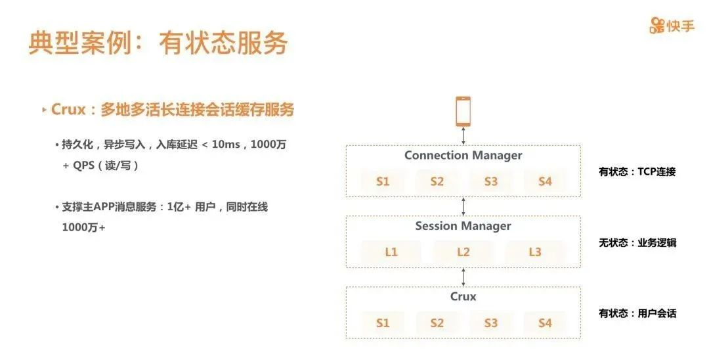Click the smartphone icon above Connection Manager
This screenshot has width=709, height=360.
[463, 111]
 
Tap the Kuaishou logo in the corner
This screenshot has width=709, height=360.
[672, 26]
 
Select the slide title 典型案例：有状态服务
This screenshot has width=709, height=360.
[158, 43]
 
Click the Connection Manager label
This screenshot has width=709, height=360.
[463, 156]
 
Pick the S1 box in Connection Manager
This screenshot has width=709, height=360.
[383, 181]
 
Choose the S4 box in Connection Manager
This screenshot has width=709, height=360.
[545, 181]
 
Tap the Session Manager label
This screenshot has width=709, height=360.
[463, 226]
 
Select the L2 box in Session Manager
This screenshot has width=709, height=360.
[463, 252]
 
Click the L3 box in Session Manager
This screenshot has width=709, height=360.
[534, 252]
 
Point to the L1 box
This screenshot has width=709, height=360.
[391, 252]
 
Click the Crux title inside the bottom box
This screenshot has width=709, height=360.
[463, 296]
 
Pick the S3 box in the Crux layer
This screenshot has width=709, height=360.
[491, 323]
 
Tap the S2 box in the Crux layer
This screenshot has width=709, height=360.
[437, 323]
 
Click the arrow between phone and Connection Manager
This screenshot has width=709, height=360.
[463, 136]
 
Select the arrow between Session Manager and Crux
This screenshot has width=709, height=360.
[463, 277]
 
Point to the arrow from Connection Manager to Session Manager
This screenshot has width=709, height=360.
[463, 206]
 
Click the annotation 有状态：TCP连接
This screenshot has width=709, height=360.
[637, 172]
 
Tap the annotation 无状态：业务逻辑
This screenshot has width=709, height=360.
[637, 242]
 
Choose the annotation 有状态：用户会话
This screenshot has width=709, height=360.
[637, 313]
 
